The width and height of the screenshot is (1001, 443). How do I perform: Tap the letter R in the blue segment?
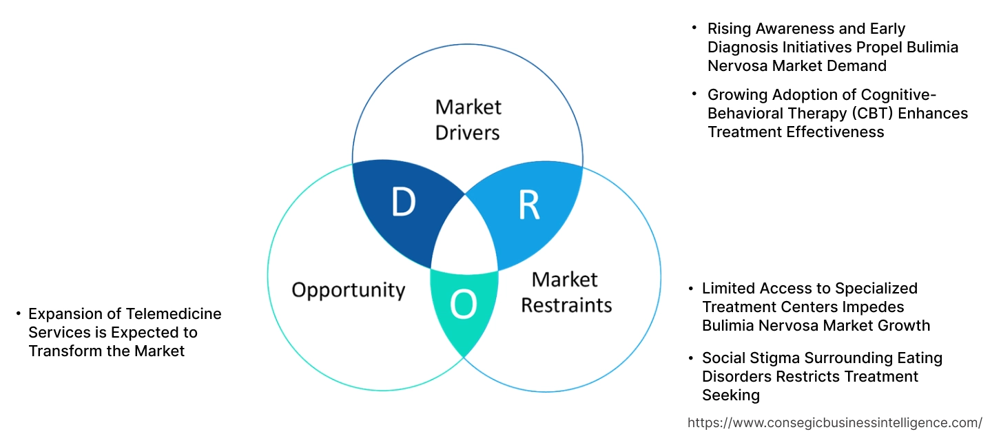(528, 205)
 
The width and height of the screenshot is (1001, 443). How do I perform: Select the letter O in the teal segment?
(463, 305)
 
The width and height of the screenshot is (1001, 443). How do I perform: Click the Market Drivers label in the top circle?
(468, 119)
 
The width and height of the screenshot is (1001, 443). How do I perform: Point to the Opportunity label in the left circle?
(348, 289)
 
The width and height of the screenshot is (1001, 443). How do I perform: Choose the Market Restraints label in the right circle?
(566, 291)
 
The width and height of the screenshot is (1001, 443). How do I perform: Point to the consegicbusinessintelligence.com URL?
(835, 422)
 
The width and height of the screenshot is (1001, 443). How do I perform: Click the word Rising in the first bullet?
(730, 28)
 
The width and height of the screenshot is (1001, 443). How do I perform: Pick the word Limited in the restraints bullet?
(732, 288)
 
